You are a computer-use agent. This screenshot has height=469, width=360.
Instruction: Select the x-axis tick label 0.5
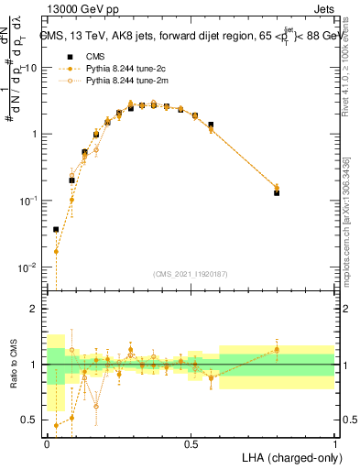point(191,443)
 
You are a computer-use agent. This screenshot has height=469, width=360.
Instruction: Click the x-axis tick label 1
point(335,443)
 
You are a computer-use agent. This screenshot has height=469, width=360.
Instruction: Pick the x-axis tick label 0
point(47,443)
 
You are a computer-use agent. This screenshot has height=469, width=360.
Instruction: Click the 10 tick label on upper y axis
point(31,68)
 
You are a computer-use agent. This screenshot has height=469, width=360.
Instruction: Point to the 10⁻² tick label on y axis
point(29,267)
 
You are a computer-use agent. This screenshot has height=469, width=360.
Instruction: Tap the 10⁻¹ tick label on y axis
point(29,201)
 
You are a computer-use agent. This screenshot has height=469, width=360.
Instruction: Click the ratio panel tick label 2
point(36,309)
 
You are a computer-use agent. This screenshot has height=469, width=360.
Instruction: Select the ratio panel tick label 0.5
point(32,420)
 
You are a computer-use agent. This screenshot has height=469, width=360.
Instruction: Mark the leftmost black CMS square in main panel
point(56,229)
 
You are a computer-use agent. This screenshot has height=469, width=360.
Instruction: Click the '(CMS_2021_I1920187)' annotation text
point(190,273)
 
